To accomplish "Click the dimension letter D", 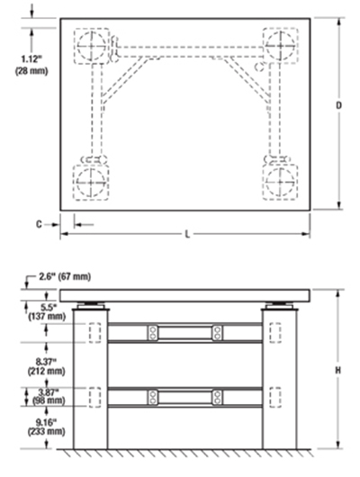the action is [x=338, y=105].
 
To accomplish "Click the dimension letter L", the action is [x=187, y=234].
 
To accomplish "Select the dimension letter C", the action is [x=39, y=224].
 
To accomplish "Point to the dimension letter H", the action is [x=337, y=370].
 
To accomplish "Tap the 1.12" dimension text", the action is [x=31, y=58].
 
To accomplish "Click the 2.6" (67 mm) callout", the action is [x=65, y=276].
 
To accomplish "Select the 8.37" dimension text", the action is [x=47, y=362].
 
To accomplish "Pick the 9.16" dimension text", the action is [x=47, y=422].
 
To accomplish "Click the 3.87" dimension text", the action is [x=47, y=391].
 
